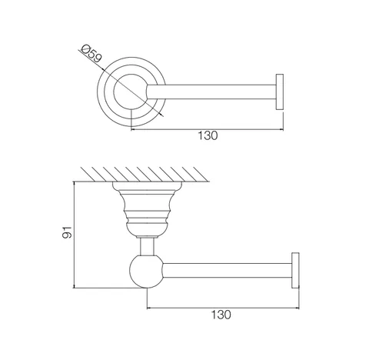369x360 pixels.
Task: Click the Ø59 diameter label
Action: (x=91, y=54)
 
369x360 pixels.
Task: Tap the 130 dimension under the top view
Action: (x=208, y=135)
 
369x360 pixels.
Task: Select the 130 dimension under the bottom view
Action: (x=221, y=315)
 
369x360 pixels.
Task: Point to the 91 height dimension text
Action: (x=67, y=232)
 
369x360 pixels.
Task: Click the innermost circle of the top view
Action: (x=114, y=92)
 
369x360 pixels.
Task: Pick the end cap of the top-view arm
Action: (x=280, y=92)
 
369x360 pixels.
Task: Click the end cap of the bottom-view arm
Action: (x=295, y=270)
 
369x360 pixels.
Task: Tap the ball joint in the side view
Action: (x=146, y=272)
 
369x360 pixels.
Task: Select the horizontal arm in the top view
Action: (x=211, y=92)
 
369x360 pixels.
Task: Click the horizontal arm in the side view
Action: (x=228, y=270)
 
